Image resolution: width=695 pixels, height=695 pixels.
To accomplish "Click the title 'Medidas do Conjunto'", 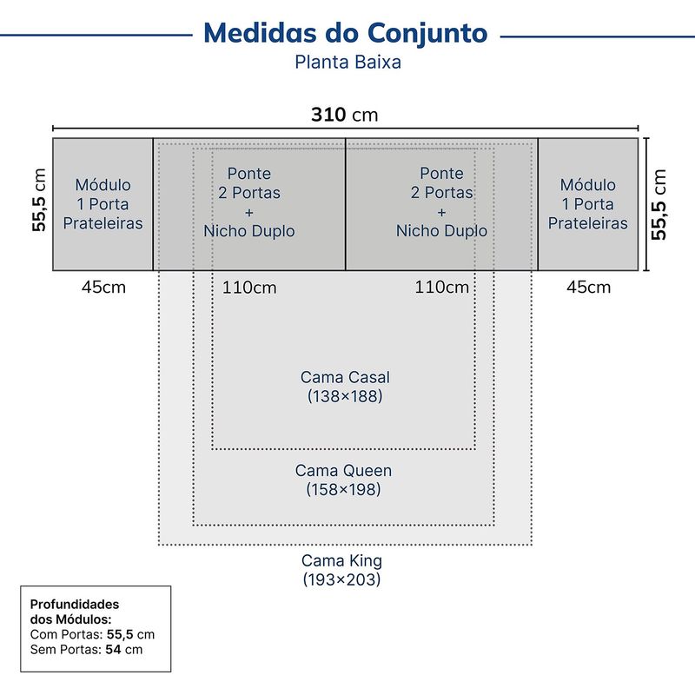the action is pyautogui.click(x=345, y=33).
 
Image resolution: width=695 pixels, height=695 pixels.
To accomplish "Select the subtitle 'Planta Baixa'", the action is pyautogui.click(x=348, y=62).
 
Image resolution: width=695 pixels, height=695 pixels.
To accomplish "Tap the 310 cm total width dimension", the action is pyautogui.click(x=344, y=115).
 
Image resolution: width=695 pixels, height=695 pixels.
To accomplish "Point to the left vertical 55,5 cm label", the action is pyautogui.click(x=39, y=200).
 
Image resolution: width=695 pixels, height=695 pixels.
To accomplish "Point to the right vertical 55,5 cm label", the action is pyautogui.click(x=659, y=204).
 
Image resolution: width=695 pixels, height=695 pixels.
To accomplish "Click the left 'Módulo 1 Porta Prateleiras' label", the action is pyautogui.click(x=103, y=204).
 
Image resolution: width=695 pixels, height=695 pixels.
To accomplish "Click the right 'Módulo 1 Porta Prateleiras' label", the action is pyautogui.click(x=588, y=204).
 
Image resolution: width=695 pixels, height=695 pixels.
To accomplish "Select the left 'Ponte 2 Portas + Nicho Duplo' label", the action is pyautogui.click(x=249, y=202).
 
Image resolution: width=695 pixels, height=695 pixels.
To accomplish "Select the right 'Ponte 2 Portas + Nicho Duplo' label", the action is pyautogui.click(x=441, y=202).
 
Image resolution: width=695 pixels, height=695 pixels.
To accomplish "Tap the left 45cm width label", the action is pyautogui.click(x=103, y=288).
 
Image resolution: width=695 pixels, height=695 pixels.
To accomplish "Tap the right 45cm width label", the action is pyautogui.click(x=589, y=288).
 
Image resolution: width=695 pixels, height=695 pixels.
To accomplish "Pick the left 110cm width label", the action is pyautogui.click(x=249, y=288).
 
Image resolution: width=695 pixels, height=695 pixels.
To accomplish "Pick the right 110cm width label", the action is pyautogui.click(x=442, y=288).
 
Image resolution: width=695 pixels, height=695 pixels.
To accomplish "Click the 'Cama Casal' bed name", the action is pyautogui.click(x=345, y=377).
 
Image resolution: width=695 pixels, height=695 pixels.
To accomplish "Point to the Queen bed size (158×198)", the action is pyautogui.click(x=343, y=489).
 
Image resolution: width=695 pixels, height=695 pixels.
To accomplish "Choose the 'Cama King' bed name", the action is pyautogui.click(x=341, y=560).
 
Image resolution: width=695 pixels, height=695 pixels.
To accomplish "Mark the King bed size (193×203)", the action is pyautogui.click(x=341, y=579).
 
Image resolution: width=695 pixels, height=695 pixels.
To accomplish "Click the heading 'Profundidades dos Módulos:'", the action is pyautogui.click(x=75, y=612).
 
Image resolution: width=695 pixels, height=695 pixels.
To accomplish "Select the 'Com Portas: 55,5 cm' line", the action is pyautogui.click(x=92, y=634).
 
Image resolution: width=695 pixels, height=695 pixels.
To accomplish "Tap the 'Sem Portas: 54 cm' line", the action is pyautogui.click(x=86, y=650).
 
